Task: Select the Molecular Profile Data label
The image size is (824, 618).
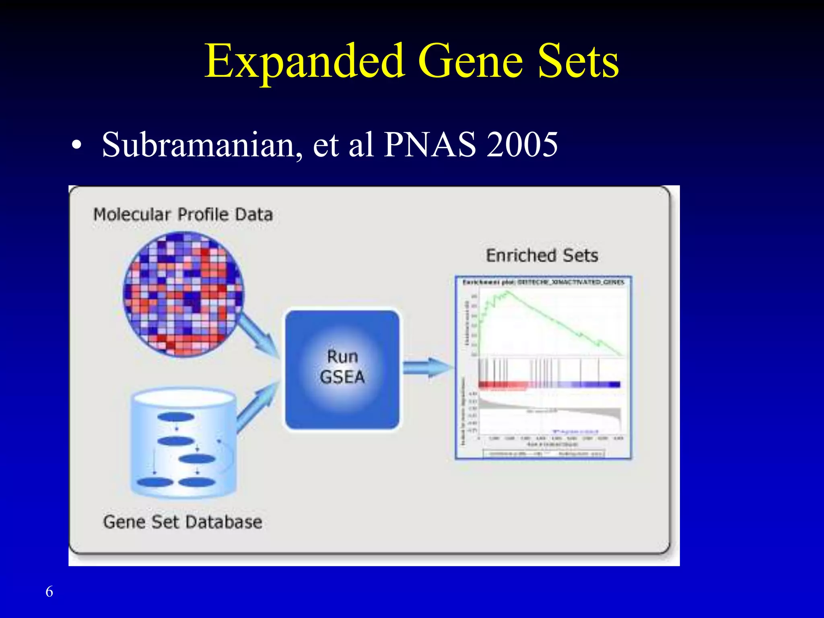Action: click(183, 214)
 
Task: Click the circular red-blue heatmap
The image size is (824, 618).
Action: click(183, 294)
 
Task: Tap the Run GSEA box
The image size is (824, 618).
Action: click(342, 368)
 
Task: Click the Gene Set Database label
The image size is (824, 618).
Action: click(183, 522)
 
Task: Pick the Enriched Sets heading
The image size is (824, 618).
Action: click(542, 255)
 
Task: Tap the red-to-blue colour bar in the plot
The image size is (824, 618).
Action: click(549, 385)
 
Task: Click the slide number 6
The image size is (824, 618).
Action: click(49, 591)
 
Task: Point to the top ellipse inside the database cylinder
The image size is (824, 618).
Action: click(176, 417)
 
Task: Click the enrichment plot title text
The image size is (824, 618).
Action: click(543, 282)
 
